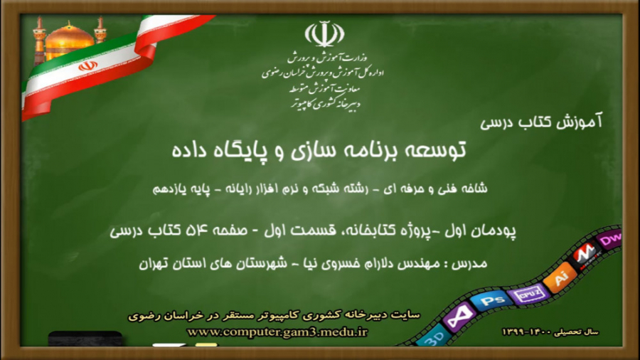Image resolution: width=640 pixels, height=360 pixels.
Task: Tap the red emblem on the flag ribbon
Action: (x=87, y=65)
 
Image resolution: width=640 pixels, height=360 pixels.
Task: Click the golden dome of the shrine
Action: (x=69, y=41)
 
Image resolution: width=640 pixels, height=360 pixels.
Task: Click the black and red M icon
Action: (x=585, y=254)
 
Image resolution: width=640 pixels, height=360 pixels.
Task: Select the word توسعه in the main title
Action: (x=437, y=150)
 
